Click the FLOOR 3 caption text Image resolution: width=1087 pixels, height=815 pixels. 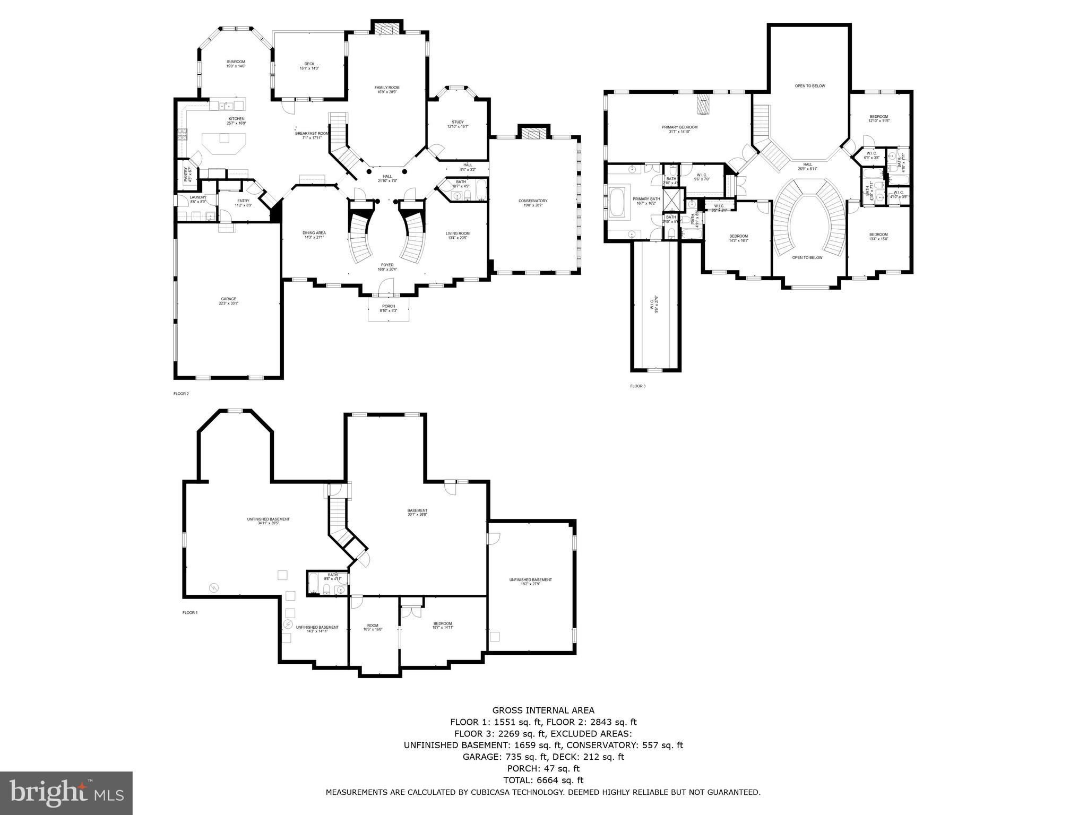click(637, 386)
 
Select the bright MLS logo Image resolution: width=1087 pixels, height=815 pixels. click(66, 793)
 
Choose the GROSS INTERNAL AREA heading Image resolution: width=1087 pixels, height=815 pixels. click(543, 710)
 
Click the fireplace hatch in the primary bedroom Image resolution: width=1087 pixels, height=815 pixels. click(703, 104)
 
